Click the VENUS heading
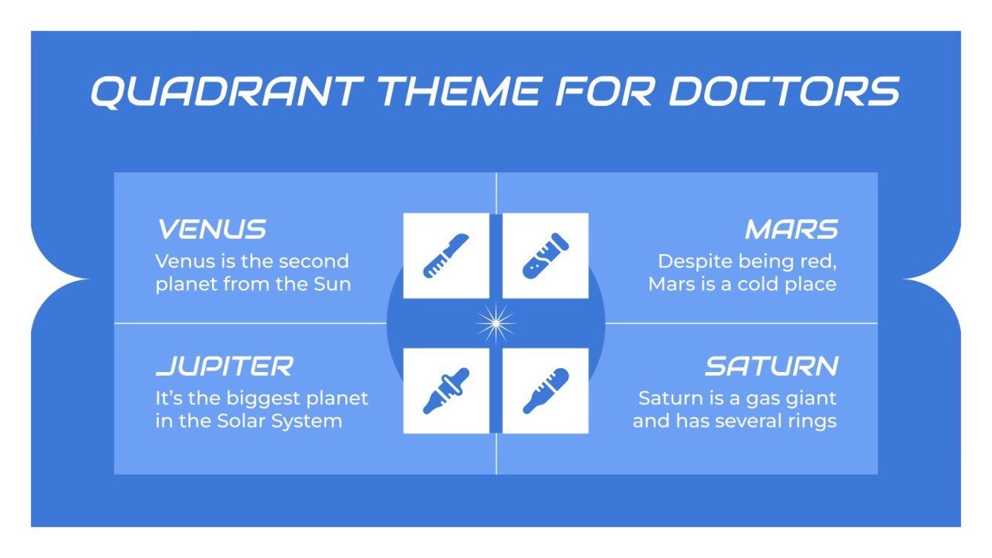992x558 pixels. [211, 230]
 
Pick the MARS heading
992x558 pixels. [791, 230]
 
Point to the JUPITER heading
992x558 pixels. [225, 366]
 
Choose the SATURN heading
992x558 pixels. [771, 366]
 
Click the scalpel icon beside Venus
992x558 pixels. [446, 256]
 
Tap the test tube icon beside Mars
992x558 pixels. [546, 256]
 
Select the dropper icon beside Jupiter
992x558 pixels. [446, 391]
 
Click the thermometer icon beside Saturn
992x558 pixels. [546, 391]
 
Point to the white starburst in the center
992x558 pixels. [495, 323]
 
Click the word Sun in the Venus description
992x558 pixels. [333, 284]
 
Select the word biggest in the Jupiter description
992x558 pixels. [262, 398]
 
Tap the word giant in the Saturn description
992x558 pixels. [811, 398]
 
